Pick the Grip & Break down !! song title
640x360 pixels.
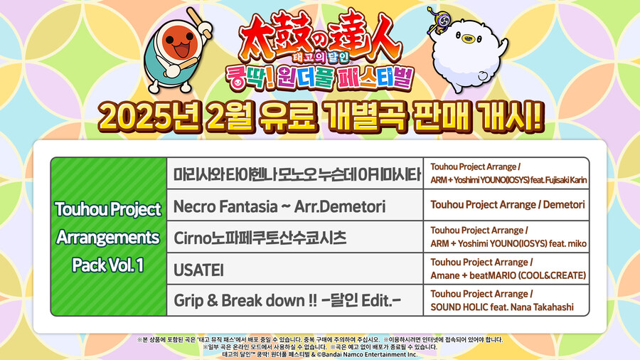(287, 301)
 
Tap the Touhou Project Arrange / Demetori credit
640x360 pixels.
(508, 205)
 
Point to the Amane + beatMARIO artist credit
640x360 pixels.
(508, 275)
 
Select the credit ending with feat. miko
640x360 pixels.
(508, 243)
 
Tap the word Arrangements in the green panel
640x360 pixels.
(108, 236)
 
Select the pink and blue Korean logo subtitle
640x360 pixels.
(320, 77)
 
